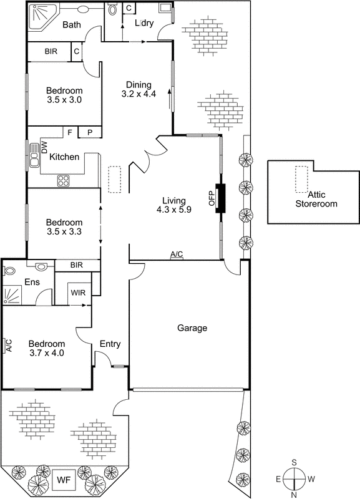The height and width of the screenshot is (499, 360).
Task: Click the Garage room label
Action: [x=192, y=328]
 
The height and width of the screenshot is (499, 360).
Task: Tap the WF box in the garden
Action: [x=64, y=480]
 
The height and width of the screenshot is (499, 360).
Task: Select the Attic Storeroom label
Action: [x=316, y=200]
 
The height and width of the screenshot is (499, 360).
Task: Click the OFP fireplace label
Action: [x=212, y=198]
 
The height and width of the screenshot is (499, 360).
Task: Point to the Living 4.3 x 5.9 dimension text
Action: [x=174, y=210]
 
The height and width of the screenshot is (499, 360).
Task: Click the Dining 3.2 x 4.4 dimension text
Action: [x=139, y=95]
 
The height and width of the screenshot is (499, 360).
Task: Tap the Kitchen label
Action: [x=64, y=157]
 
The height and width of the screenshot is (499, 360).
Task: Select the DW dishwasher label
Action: [x=44, y=147]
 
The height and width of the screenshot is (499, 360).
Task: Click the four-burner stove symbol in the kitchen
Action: [x=64, y=181]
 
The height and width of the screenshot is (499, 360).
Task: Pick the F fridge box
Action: [x=69, y=132]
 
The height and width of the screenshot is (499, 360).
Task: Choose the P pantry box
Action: [x=90, y=132]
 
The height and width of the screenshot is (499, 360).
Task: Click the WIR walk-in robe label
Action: [x=78, y=292]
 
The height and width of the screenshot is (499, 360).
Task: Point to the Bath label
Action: [x=71, y=25]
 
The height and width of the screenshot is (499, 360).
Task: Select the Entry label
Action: [x=110, y=344]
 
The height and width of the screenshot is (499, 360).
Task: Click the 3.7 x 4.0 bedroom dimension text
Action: [x=47, y=353]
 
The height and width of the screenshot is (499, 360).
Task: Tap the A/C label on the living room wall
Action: [x=177, y=254]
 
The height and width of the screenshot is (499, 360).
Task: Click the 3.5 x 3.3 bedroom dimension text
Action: [x=64, y=232]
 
